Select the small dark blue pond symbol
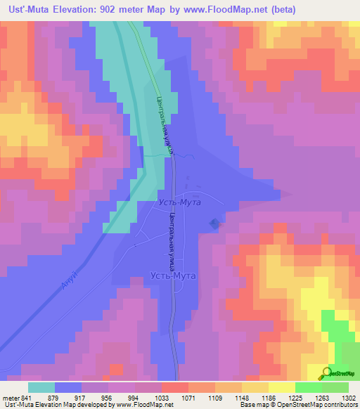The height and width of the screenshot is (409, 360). [x=214, y=224]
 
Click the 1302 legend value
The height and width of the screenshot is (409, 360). [x=347, y=397]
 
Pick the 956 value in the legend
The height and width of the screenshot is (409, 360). [x=107, y=397]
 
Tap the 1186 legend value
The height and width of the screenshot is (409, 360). [x=267, y=397]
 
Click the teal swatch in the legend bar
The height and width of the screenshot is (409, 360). [x=41, y=387]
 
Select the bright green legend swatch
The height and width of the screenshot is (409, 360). [x=309, y=387]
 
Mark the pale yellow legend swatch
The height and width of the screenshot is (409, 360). [x=282, y=387]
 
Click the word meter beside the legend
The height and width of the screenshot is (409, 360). [x=8, y=397]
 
